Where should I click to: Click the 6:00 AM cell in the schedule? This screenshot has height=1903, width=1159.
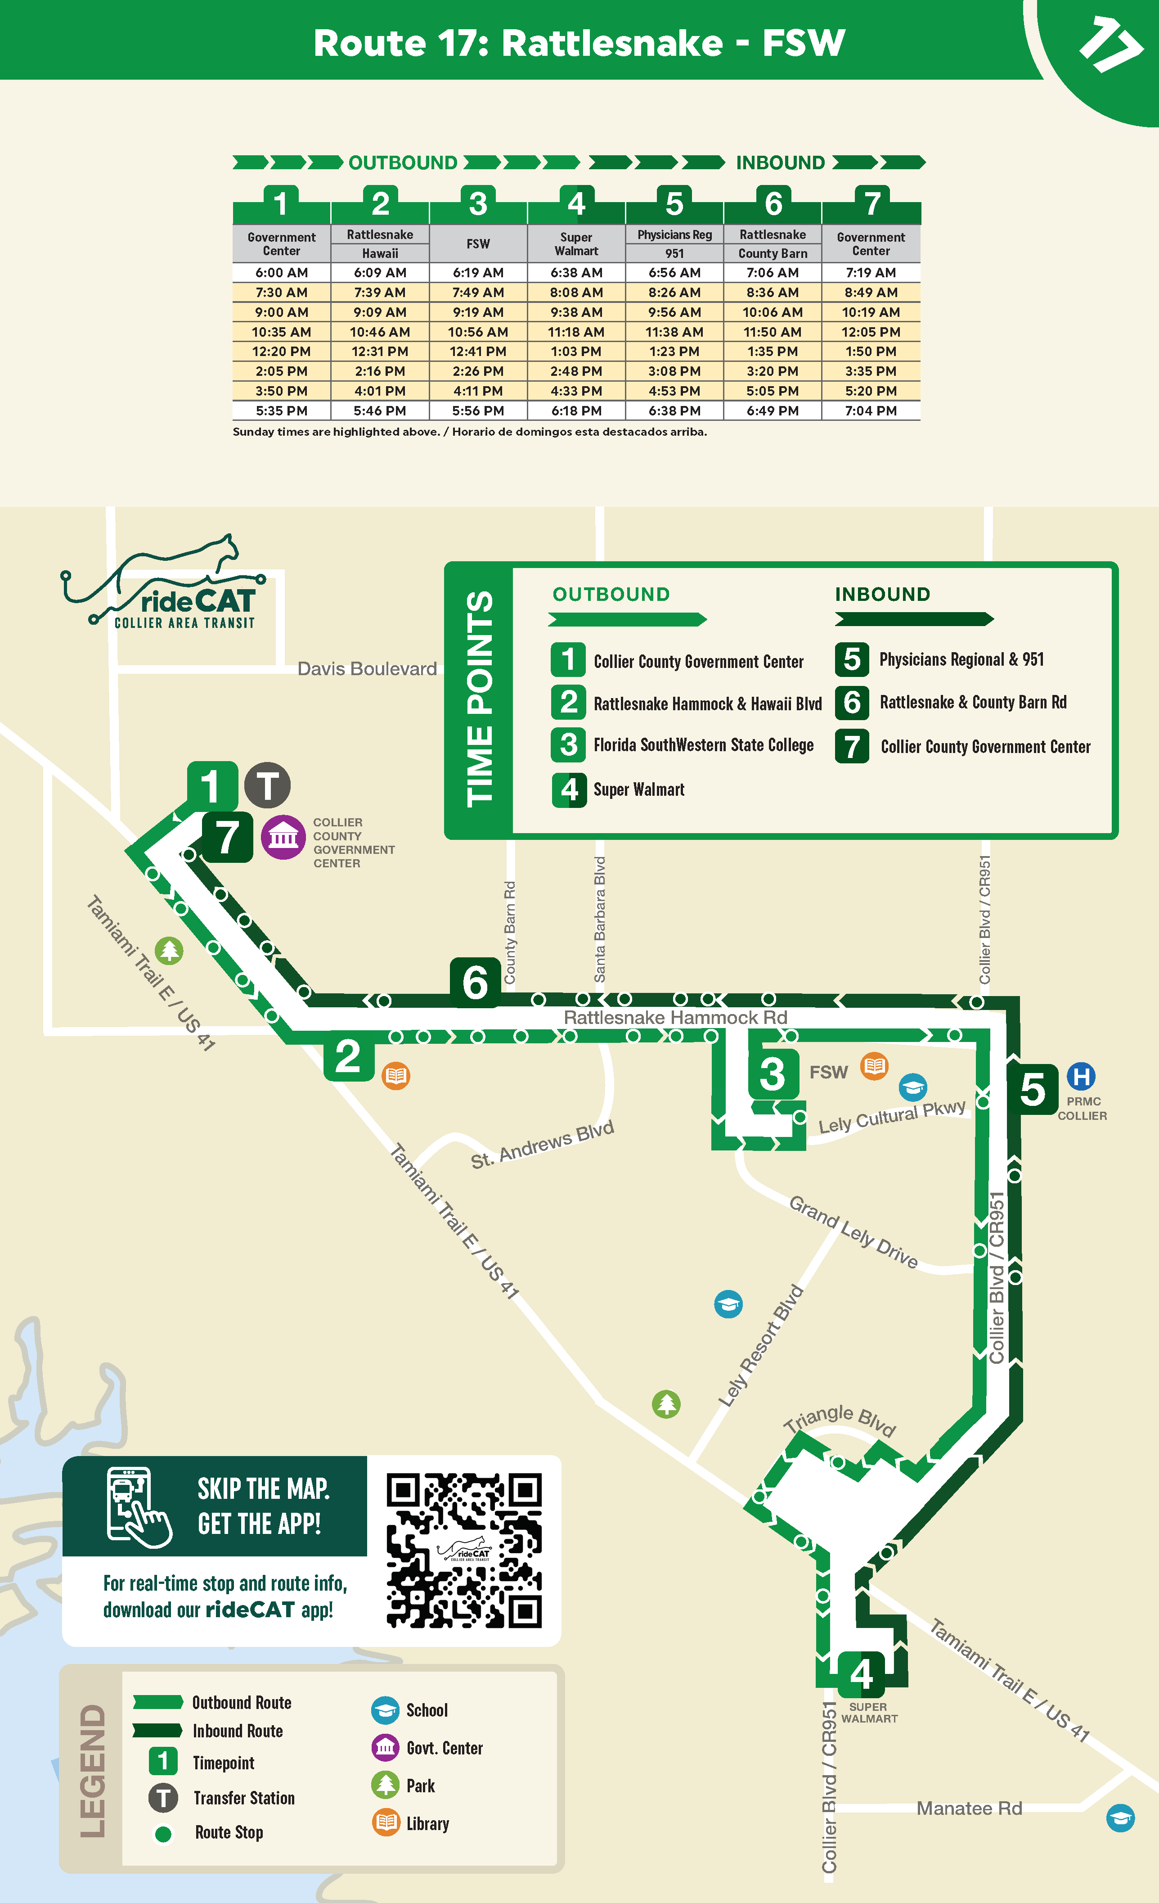point(281,273)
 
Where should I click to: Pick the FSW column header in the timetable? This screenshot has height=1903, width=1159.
point(478,244)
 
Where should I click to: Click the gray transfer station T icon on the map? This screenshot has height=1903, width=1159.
point(267,785)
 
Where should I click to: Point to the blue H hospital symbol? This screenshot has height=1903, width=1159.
point(1081,1076)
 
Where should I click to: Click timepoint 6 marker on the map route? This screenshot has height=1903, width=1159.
point(475,983)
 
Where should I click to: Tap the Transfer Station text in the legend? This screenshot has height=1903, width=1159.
point(244,1798)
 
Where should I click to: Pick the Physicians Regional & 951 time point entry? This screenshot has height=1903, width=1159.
point(961,659)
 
